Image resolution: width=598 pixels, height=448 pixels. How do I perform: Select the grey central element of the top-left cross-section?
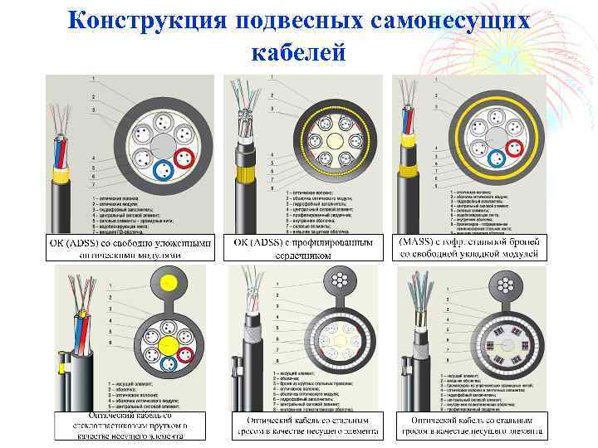(164, 148)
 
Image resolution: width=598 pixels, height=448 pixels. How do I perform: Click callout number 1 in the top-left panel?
(93, 80)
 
